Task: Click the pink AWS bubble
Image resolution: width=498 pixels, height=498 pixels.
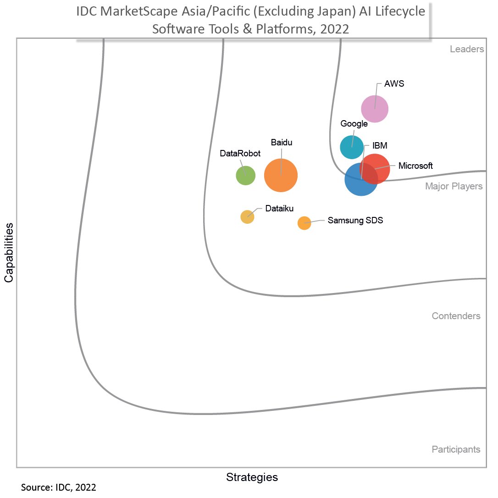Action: click(x=375, y=109)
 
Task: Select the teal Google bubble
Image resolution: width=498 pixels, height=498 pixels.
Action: click(x=352, y=147)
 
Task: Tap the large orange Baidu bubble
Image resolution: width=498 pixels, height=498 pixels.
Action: click(x=281, y=175)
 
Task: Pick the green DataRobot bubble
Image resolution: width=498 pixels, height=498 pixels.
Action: click(x=245, y=175)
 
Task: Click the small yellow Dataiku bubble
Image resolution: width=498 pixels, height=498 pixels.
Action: click(x=247, y=216)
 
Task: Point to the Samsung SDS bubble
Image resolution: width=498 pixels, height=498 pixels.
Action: click(x=304, y=223)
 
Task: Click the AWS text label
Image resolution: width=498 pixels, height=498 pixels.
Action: click(x=394, y=84)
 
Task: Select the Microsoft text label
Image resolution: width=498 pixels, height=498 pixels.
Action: click(x=415, y=166)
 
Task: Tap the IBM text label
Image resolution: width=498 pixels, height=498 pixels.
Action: click(x=380, y=146)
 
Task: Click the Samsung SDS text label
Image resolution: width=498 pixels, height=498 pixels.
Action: click(x=355, y=220)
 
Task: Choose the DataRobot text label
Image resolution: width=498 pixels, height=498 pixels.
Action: click(x=240, y=154)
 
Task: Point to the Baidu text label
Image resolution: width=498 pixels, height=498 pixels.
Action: click(x=281, y=143)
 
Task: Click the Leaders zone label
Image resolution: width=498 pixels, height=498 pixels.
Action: click(x=467, y=49)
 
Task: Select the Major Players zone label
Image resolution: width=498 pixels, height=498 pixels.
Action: click(x=454, y=186)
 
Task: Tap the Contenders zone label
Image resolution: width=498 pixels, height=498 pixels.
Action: click(x=456, y=316)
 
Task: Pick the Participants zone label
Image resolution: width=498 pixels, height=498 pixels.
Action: click(x=456, y=449)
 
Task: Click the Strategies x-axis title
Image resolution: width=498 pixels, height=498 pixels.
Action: click(x=252, y=477)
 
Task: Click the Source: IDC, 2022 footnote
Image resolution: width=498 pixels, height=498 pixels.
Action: click(x=59, y=487)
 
